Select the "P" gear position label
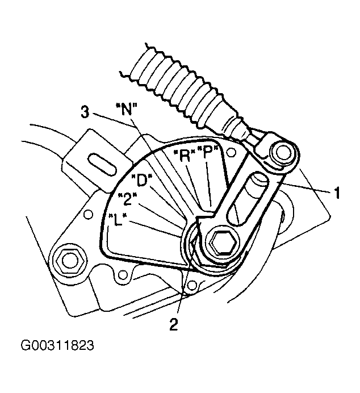pos(206,152)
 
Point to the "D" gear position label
pos(142,179)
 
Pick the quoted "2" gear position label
pos(128,199)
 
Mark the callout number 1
pos(337,193)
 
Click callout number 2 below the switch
pos(174,324)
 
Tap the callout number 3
pos(85,111)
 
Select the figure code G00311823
pos(57,345)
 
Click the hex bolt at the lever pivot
pos(223,242)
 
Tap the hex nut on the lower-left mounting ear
pos(68,261)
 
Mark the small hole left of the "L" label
pos(87,215)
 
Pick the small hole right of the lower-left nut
pos(122,275)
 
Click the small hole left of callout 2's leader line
pos(192,285)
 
